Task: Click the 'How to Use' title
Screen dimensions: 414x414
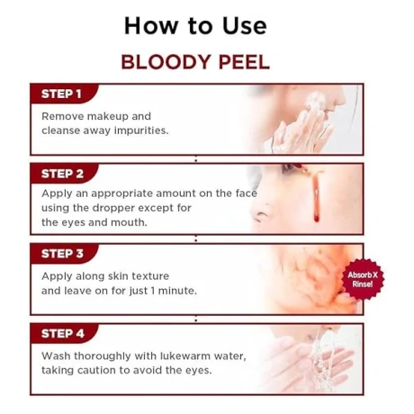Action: pos(194,25)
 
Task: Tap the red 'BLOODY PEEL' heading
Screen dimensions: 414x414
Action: pos(194,63)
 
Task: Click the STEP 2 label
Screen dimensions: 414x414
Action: pos(62,174)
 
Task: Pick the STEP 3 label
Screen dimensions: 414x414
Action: pos(62,254)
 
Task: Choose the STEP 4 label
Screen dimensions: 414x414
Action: pos(62,334)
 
